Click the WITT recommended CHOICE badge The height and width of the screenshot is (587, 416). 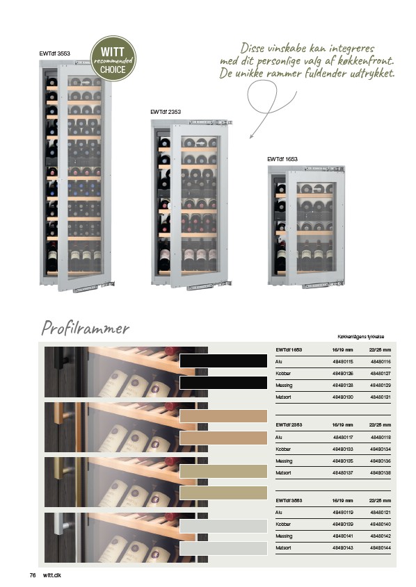(x=113, y=59)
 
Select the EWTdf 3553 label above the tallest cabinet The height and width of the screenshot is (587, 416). (x=54, y=53)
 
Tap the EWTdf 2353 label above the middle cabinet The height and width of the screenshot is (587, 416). (x=166, y=112)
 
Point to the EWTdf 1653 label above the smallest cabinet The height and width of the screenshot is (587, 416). (x=282, y=159)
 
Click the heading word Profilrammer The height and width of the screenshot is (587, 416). (x=85, y=329)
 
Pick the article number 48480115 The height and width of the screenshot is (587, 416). (x=342, y=362)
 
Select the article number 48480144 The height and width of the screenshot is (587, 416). (x=381, y=547)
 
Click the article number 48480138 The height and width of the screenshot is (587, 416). (x=381, y=473)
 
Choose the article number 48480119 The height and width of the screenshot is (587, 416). (x=342, y=512)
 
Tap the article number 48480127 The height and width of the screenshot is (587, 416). (x=381, y=373)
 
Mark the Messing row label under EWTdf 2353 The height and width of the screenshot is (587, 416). (x=284, y=461)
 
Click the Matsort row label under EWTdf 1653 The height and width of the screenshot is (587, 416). (x=283, y=397)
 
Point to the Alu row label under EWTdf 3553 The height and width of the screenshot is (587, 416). (x=278, y=512)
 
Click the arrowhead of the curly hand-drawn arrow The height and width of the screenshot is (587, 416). (x=251, y=136)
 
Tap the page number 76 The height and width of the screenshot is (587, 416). (x=33, y=575)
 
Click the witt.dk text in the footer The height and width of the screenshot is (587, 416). (x=52, y=575)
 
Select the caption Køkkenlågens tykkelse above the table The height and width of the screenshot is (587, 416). (x=360, y=336)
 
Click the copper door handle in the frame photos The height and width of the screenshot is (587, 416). (x=60, y=413)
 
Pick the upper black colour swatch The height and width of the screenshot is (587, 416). (x=223, y=361)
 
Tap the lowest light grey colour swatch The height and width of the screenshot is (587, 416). (x=223, y=548)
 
